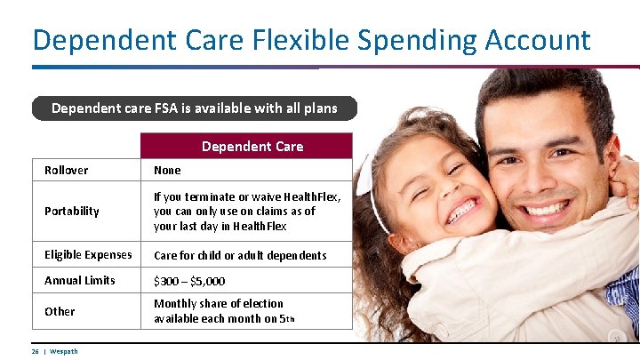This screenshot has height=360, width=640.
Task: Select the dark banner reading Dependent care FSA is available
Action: [194, 108]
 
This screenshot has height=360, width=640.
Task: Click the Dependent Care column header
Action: [252, 146]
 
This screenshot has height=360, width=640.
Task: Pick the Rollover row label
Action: [67, 170]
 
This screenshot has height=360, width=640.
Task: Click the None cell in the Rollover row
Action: [167, 170]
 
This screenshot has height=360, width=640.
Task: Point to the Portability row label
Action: [72, 211]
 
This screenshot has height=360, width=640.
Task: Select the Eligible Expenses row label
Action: [88, 255]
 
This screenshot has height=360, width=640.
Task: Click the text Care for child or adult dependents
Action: [240, 255]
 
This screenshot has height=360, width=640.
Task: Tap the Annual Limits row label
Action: [80, 280]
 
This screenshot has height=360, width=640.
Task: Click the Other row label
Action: [60, 311]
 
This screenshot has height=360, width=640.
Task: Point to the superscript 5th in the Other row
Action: [289, 319]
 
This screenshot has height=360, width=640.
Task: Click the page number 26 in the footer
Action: [35, 351]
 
